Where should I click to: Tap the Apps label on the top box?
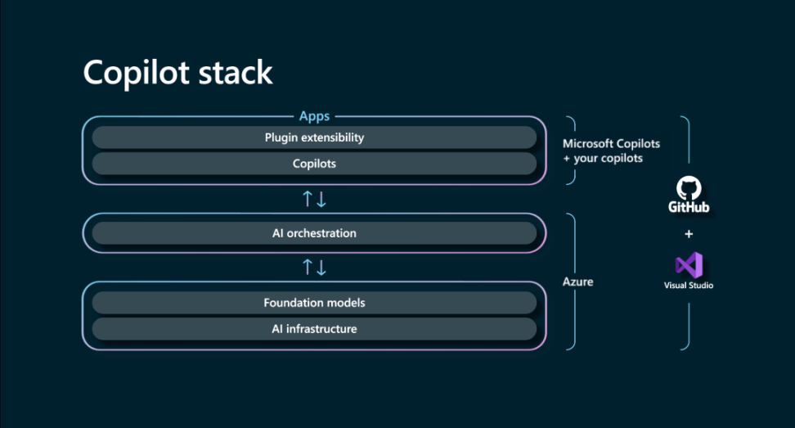pyautogui.click(x=314, y=116)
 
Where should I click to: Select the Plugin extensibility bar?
pyautogui.click(x=314, y=137)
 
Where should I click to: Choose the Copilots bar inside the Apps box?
pyautogui.click(x=314, y=164)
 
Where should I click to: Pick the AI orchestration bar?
pyautogui.click(x=314, y=233)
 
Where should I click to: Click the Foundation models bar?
pyautogui.click(x=314, y=303)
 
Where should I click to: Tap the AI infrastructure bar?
pyautogui.click(x=314, y=329)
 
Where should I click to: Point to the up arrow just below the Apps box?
pyautogui.click(x=308, y=199)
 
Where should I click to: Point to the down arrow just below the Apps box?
pyautogui.click(x=321, y=199)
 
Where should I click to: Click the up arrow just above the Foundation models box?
pyautogui.click(x=308, y=267)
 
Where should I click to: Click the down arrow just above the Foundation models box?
pyautogui.click(x=321, y=267)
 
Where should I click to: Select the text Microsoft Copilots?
pyautogui.click(x=611, y=143)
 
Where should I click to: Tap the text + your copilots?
pyautogui.click(x=603, y=158)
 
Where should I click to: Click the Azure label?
pyautogui.click(x=577, y=282)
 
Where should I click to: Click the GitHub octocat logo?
pyautogui.click(x=689, y=188)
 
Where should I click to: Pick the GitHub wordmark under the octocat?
pyautogui.click(x=689, y=208)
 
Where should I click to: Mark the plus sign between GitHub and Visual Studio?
pyautogui.click(x=689, y=234)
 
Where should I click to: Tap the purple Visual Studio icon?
pyautogui.click(x=689, y=265)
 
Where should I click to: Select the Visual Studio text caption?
pyautogui.click(x=689, y=286)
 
